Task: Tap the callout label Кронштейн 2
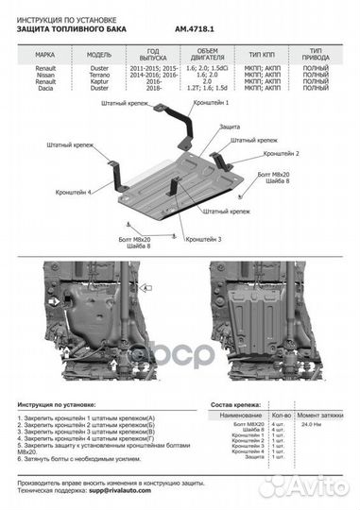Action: point(281,153)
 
